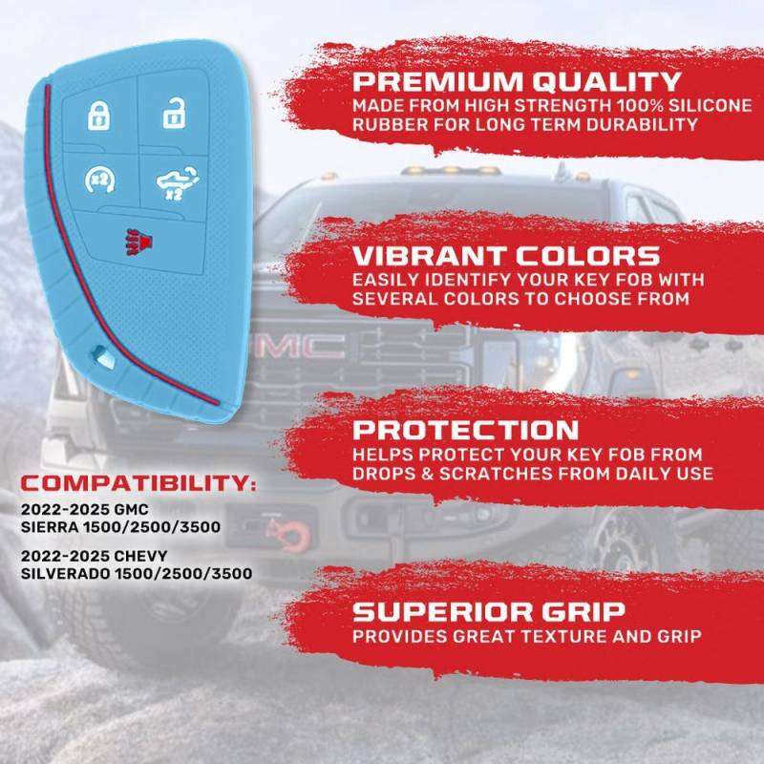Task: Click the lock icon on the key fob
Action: pyautogui.click(x=99, y=116)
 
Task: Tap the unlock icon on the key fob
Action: pyautogui.click(x=174, y=113)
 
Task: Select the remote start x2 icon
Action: pyautogui.click(x=99, y=180)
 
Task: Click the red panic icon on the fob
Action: pyautogui.click(x=139, y=242)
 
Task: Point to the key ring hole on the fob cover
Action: pyautogui.click(x=104, y=358)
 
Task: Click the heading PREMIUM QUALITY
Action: pyautogui.click(x=517, y=81)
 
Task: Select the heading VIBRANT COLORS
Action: pyautogui.click(x=506, y=256)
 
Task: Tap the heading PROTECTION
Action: pyautogui.click(x=465, y=430)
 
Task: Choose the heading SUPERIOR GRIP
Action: pyautogui.click(x=489, y=612)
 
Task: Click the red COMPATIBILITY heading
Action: pyautogui.click(x=138, y=483)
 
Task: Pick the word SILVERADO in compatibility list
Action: pyautogui.click(x=65, y=574)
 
